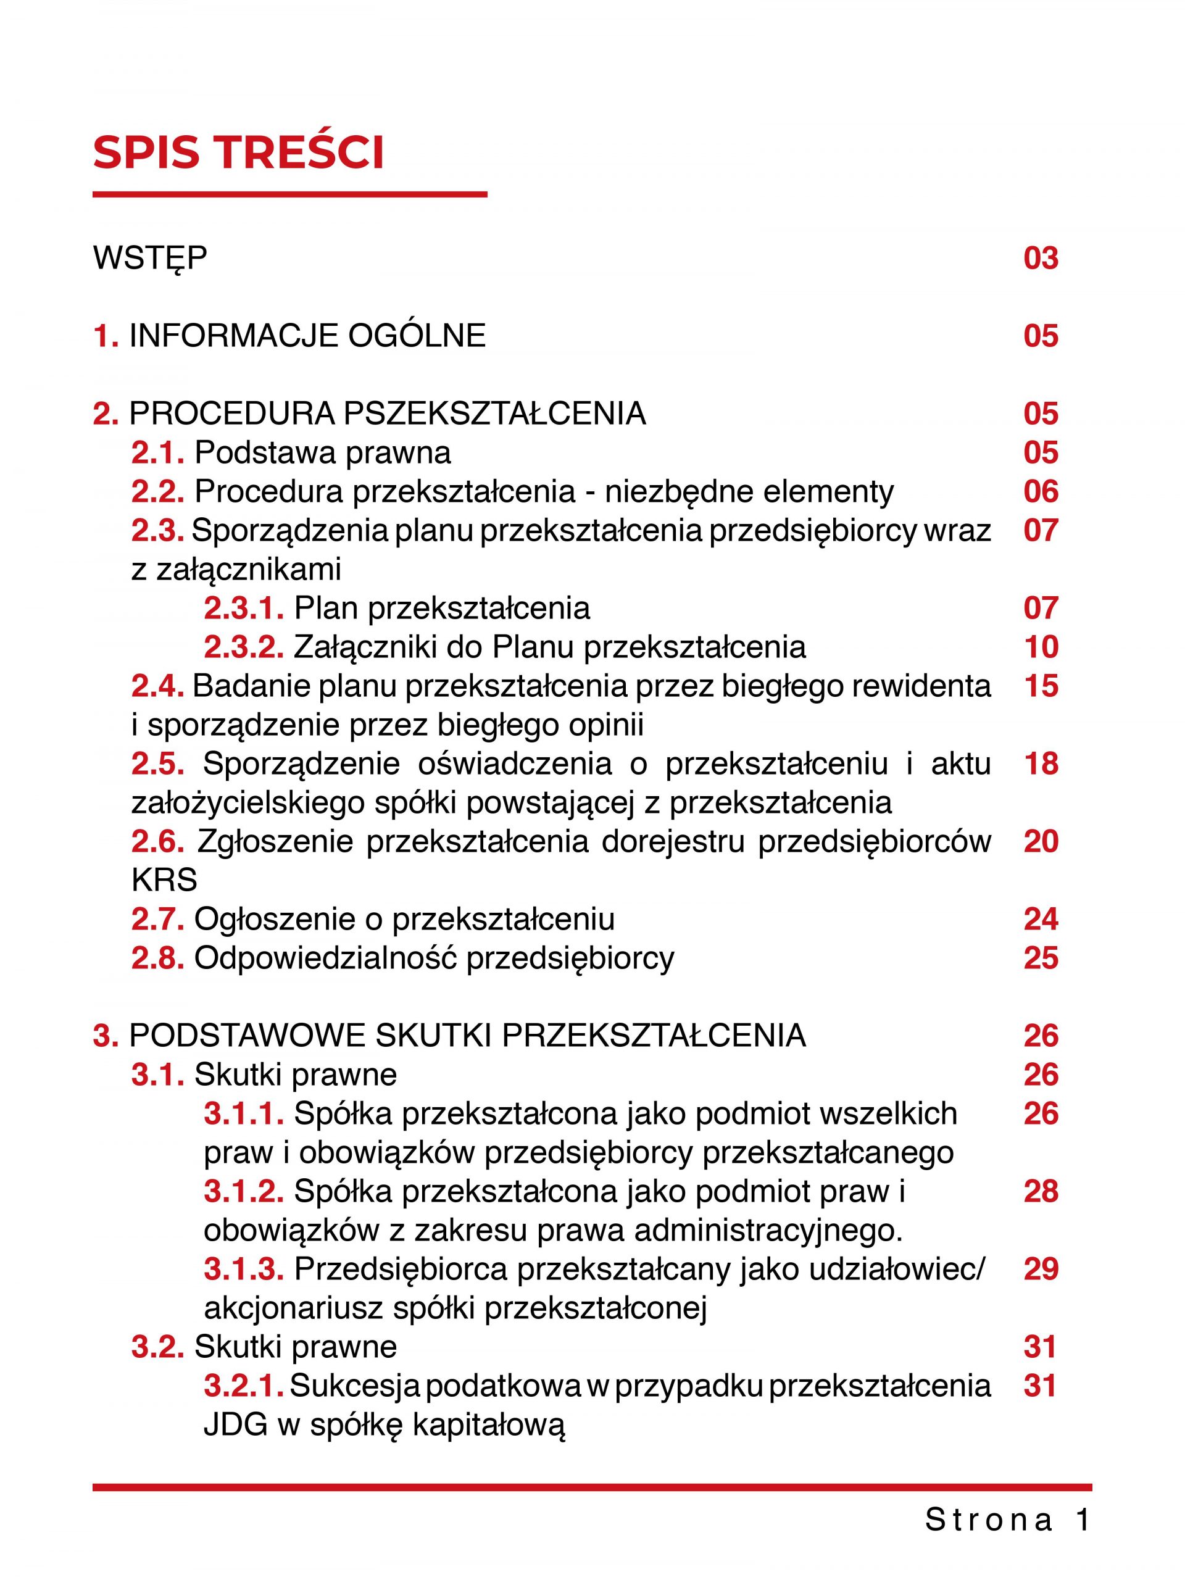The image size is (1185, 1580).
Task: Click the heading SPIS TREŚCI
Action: (x=239, y=152)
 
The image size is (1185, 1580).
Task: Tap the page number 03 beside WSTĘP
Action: (x=1040, y=258)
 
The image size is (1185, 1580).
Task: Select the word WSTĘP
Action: (x=150, y=258)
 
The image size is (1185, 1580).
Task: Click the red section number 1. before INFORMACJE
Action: (x=106, y=336)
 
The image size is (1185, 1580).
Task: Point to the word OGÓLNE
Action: (x=417, y=336)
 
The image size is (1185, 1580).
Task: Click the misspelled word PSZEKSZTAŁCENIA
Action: (x=495, y=414)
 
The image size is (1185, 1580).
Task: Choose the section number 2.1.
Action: (x=158, y=453)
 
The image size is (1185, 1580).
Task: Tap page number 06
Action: (x=1040, y=491)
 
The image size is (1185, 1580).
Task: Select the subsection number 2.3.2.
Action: (x=244, y=647)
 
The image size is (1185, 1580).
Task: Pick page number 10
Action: (x=1040, y=647)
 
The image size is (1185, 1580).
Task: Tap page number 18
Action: (x=1040, y=763)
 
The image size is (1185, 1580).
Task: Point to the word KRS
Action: (x=164, y=880)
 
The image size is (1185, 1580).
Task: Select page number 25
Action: (x=1040, y=958)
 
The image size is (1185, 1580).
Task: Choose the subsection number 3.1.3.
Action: (x=244, y=1270)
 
